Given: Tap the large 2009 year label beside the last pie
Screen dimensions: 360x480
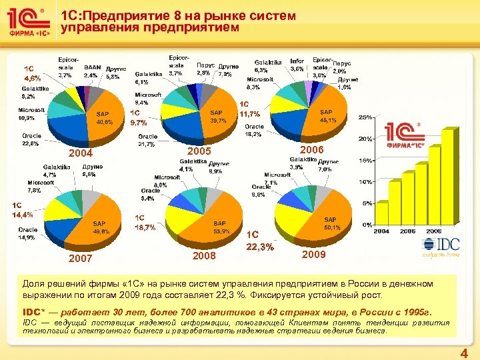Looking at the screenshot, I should [x=313, y=255].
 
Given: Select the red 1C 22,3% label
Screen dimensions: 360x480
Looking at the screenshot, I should [x=259, y=241].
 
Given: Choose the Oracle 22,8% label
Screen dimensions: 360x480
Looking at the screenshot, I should [x=31, y=139].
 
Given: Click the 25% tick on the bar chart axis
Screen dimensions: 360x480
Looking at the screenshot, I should [x=366, y=117].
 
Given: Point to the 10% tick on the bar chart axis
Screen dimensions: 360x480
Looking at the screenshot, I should [x=366, y=182].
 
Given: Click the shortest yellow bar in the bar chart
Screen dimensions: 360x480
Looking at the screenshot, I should [x=381, y=214].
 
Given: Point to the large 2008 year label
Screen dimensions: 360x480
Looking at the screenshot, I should [x=204, y=255].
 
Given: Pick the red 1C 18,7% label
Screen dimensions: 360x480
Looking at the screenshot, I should [x=145, y=223].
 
